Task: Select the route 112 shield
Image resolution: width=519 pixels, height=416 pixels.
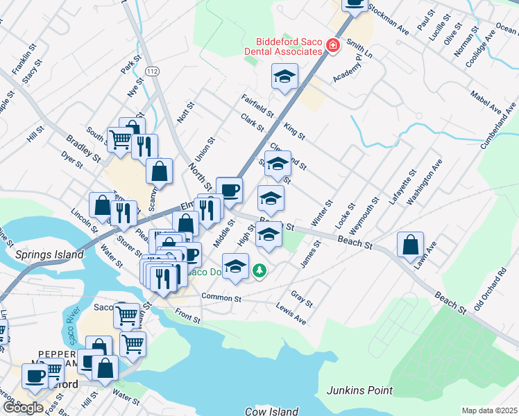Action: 152,71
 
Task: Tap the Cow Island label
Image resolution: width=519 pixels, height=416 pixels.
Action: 271,411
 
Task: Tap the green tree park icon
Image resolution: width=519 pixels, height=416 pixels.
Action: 259,269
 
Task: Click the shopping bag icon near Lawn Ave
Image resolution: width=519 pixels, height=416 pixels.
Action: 411,244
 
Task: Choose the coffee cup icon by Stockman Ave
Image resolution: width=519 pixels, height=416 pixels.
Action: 355,4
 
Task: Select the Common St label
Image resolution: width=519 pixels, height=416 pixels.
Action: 221,297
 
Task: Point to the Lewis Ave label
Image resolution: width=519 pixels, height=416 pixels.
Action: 291,314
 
